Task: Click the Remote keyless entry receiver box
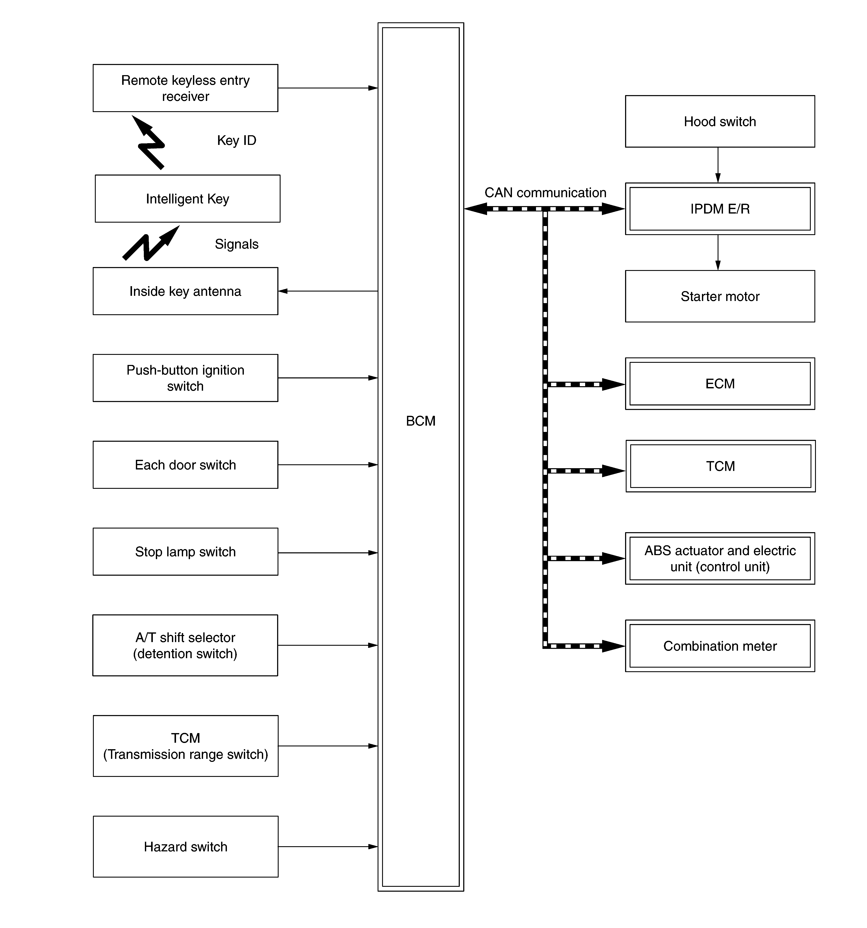coord(185,88)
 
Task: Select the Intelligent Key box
coord(187,199)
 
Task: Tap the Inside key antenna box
coord(185,291)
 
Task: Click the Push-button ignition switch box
coord(185,378)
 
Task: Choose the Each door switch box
coord(185,465)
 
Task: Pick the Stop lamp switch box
coord(185,552)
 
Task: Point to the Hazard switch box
coord(185,847)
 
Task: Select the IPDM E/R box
coord(720,209)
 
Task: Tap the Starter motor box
coord(720,296)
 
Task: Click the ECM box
coord(720,384)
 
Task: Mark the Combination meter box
coord(720,646)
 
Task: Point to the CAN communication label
coord(545,193)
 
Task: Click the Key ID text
coord(236,141)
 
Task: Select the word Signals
coord(236,244)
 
